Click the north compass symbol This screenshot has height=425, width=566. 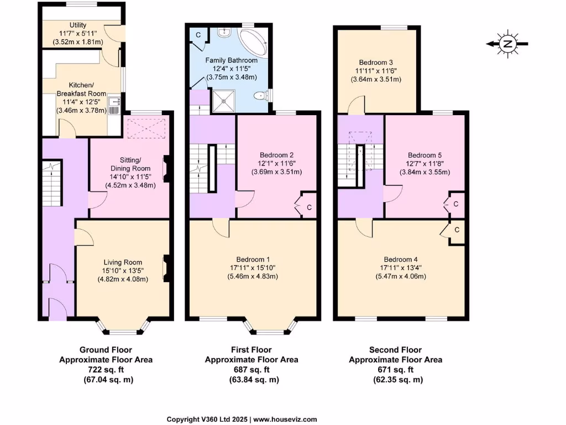pyautogui.click(x=506, y=44)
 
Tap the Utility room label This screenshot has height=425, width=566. pyautogui.click(x=78, y=25)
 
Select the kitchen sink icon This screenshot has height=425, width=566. pyautogui.click(x=114, y=105)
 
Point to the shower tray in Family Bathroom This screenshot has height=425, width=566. pyautogui.click(x=224, y=101)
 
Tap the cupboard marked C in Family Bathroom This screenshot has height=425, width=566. pyautogui.click(x=198, y=34)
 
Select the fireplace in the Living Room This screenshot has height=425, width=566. pyautogui.click(x=165, y=268)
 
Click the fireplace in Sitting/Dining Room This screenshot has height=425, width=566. pyautogui.click(x=165, y=167)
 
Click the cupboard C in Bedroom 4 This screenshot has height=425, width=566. pyautogui.click(x=457, y=230)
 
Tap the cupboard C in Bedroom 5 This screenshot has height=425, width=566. pyautogui.click(x=455, y=204)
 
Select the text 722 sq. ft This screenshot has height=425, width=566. pyautogui.click(x=106, y=370)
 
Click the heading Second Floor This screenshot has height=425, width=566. pyautogui.click(x=395, y=350)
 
